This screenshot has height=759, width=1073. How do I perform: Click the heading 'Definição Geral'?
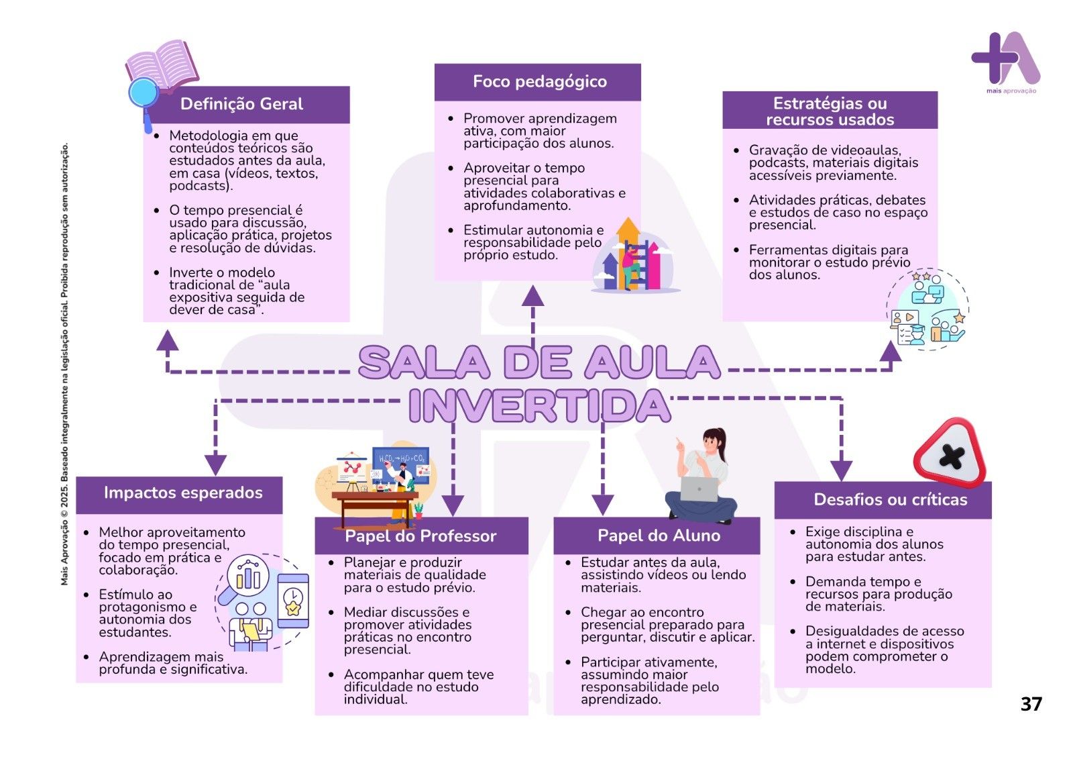point(241,104)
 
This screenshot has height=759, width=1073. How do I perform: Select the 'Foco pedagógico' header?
point(539,82)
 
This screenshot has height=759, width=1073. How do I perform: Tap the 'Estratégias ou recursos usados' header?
point(830,111)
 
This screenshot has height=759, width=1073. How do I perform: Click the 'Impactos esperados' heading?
point(183,493)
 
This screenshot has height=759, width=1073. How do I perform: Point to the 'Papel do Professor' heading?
point(420,536)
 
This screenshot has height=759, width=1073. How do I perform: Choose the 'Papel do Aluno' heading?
point(659,535)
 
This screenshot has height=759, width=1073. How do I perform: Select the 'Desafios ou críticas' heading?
point(890,499)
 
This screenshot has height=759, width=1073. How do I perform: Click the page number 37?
point(1031,703)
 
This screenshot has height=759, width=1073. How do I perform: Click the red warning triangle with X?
point(950,454)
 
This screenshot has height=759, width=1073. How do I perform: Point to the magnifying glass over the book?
point(144,94)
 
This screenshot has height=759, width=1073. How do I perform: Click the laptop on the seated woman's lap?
point(699,489)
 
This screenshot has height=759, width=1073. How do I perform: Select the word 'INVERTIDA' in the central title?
point(540,405)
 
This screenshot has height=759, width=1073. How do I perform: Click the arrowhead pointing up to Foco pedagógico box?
point(533,295)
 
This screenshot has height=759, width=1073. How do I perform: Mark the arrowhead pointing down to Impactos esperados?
point(215,464)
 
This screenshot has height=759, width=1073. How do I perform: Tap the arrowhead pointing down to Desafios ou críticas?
point(841,470)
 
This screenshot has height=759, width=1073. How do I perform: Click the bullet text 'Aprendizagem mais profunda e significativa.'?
point(173,663)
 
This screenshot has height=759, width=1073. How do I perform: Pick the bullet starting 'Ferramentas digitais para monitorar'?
point(829,262)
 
